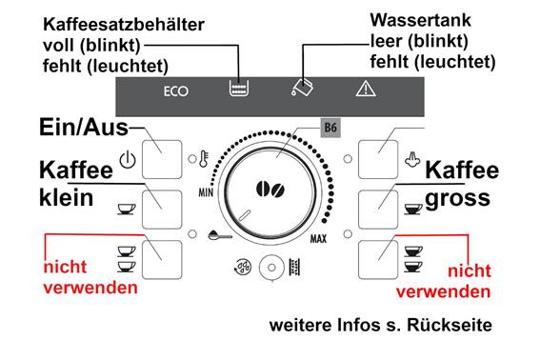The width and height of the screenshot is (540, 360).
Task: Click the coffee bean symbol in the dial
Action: [x=270, y=190]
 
